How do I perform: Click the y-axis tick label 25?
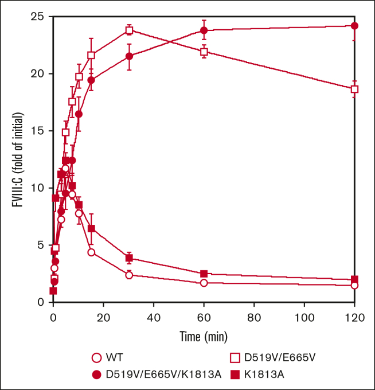37,17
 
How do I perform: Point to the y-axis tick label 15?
37,131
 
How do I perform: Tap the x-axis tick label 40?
154,318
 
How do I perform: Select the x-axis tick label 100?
304,318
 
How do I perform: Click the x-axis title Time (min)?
204,337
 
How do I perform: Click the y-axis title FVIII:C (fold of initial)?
18,159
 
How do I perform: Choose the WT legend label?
114,357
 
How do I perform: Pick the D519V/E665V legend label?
280,357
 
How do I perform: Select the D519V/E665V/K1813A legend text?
163,375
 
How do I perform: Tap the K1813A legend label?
264,375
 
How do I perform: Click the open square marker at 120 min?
354,89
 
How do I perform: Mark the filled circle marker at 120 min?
354,26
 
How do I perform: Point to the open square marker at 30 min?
129,30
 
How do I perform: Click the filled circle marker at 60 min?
204,30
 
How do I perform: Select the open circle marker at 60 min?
204,283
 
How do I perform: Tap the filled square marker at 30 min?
129,258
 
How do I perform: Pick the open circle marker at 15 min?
91,252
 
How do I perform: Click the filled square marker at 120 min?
354,279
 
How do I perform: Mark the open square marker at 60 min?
204,52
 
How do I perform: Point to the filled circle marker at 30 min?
129,56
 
